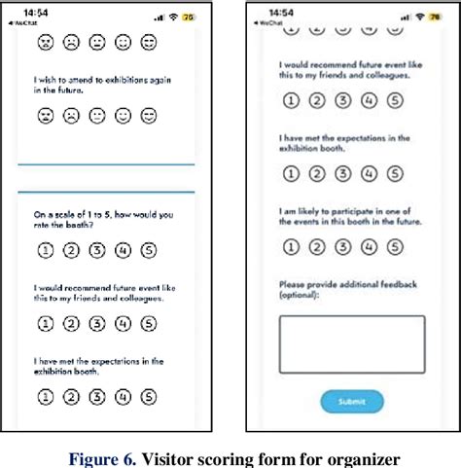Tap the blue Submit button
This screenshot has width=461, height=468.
351,401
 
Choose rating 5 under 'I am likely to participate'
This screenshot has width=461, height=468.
393,246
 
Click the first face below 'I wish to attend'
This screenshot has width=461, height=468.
45,116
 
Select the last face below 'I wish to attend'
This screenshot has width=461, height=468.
148,116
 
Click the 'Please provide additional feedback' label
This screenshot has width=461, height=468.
347,283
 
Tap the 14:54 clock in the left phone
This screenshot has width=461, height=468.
36,11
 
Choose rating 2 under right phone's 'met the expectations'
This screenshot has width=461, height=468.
315,173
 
